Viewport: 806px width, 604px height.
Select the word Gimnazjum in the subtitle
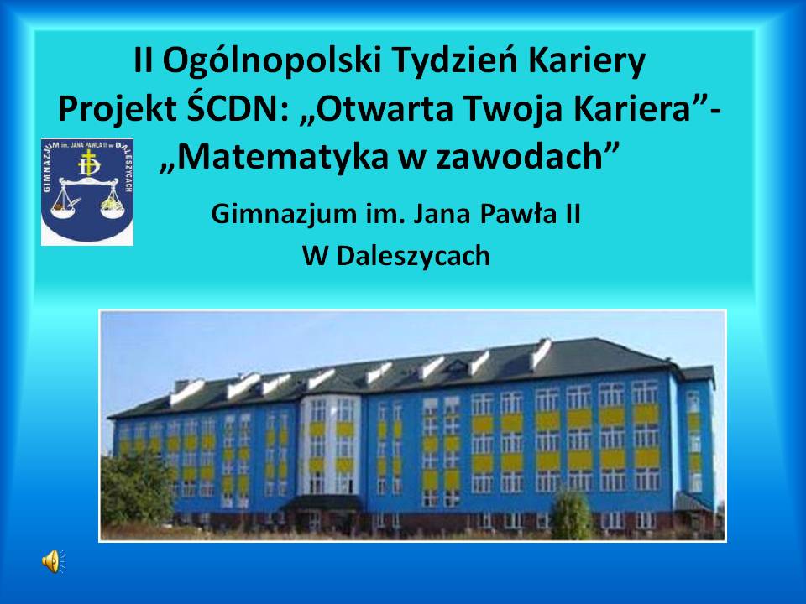(x=284, y=215)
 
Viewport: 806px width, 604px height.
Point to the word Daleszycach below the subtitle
(x=413, y=257)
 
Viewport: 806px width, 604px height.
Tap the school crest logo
(x=87, y=191)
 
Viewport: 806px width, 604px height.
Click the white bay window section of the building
(x=331, y=445)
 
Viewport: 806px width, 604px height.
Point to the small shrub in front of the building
(x=571, y=514)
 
